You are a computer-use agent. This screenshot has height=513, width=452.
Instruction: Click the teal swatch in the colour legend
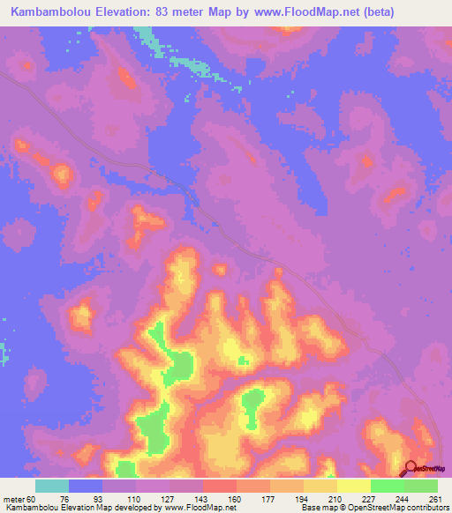[52, 486]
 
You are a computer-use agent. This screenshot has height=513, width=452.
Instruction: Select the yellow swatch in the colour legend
[354, 486]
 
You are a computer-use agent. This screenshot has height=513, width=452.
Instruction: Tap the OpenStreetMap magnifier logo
[411, 468]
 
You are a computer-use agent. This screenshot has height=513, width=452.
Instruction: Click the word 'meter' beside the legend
[14, 498]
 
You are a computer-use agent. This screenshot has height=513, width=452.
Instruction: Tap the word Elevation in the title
[128, 12]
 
